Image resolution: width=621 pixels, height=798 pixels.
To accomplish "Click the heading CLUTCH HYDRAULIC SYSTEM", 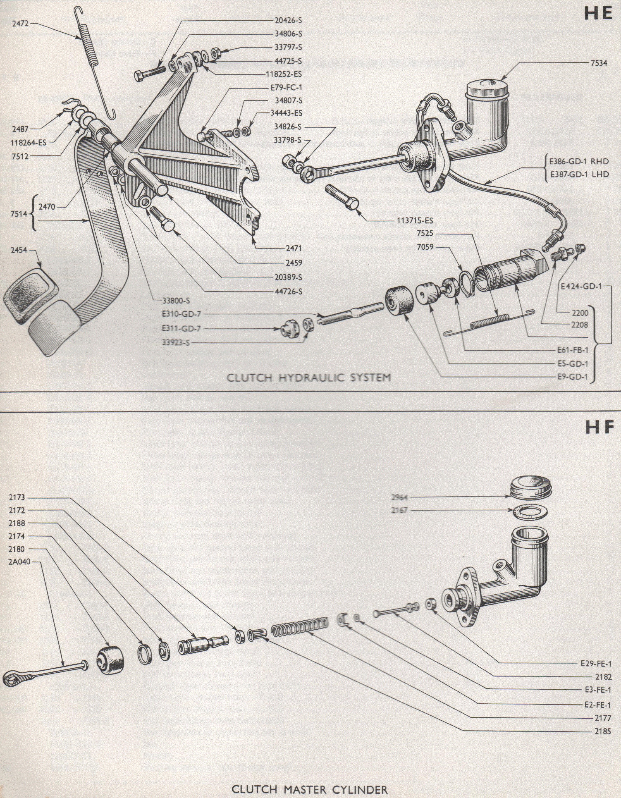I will [309, 378].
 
